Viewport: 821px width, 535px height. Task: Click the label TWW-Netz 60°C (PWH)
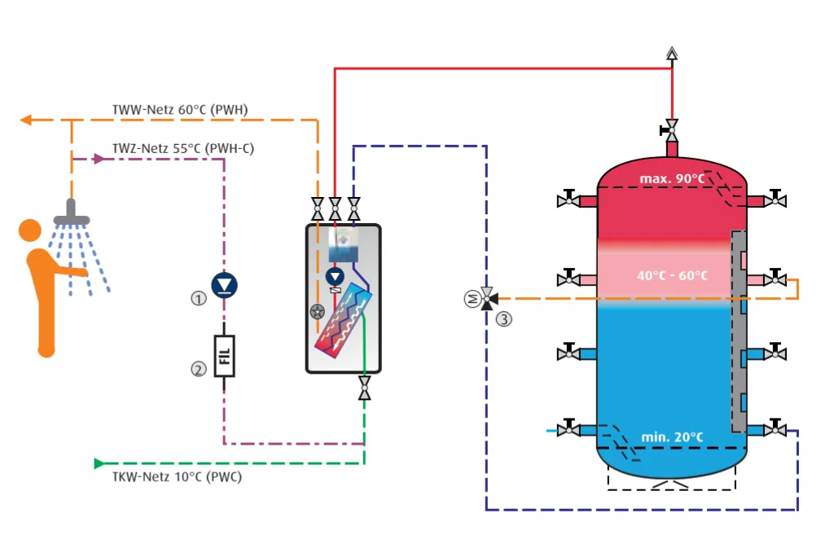(180, 109)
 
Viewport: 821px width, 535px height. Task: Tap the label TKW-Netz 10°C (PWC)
(177, 476)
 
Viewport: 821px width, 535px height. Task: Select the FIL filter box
(224, 356)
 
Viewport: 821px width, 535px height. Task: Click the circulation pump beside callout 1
(223, 284)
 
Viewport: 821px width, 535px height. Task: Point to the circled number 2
(198, 369)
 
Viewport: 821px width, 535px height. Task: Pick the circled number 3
(505, 319)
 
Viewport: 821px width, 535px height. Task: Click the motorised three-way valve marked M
(487, 299)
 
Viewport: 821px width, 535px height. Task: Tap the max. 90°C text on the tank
(671, 178)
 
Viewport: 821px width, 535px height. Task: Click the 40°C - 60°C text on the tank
(672, 276)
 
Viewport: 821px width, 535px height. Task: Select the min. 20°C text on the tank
(671, 437)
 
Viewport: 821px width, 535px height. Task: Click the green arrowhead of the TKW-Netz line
(99, 463)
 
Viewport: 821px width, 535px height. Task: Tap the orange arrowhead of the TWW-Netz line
(25, 121)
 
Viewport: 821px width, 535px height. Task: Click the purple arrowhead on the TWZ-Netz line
(100, 159)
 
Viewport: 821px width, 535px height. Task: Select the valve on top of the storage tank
(671, 128)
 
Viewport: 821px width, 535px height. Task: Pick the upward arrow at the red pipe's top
(671, 54)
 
